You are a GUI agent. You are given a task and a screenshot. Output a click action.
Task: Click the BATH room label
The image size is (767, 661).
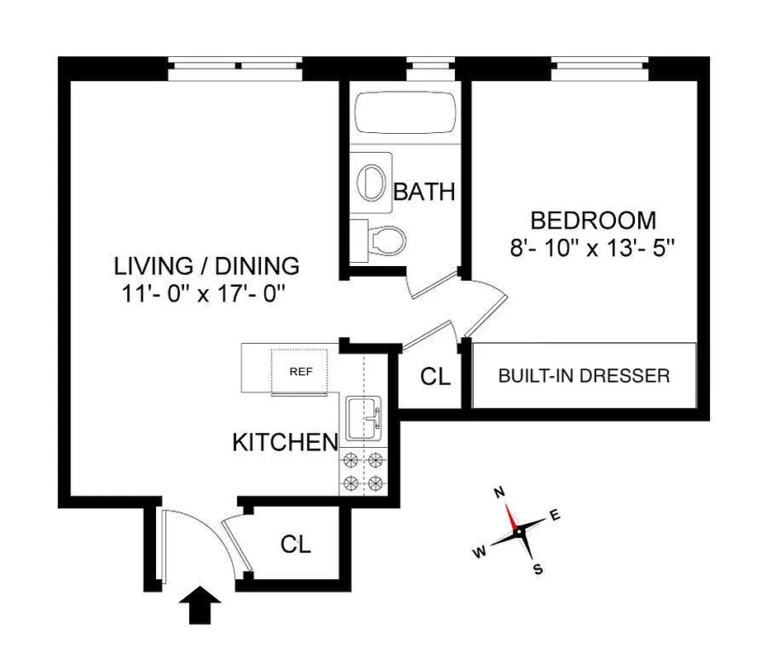(424, 192)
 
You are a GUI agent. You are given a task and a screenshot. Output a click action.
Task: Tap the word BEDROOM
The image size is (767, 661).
(593, 221)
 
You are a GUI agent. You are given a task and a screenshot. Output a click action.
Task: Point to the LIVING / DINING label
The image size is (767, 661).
(206, 266)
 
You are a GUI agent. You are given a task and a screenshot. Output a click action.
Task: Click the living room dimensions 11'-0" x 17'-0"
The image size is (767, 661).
(206, 293)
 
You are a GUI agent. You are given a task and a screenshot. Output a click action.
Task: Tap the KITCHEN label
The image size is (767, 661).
(285, 442)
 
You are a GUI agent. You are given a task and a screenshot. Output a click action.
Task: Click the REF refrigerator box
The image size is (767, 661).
(301, 371)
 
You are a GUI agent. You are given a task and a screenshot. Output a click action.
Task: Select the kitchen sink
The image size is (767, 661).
(364, 418)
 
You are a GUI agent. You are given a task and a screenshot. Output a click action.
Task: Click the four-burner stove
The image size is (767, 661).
(364, 473)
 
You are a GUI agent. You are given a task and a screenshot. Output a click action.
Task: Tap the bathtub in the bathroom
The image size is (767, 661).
(404, 112)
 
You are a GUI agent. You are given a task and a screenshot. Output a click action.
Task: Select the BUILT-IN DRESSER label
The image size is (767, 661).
(584, 376)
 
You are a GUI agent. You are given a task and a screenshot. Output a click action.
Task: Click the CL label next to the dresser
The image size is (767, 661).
(435, 377)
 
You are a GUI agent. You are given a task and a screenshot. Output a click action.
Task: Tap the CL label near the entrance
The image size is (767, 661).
(295, 544)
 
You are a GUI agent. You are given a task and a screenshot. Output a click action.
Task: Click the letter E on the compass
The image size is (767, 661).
(555, 516)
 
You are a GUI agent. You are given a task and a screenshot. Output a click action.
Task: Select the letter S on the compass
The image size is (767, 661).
(537, 568)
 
